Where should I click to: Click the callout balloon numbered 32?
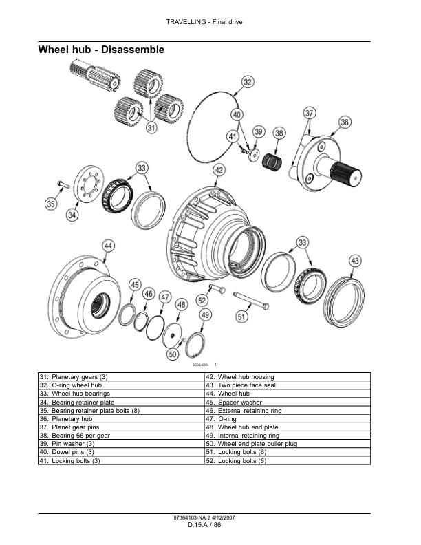[248, 83]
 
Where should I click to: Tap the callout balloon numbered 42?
[219, 170]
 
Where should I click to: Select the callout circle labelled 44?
[108, 246]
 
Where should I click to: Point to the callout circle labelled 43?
[354, 261]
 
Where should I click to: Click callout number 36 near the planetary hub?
[345, 122]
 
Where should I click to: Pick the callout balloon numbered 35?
[50, 203]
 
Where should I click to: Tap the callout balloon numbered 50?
[173, 354]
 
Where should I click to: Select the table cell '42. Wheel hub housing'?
[287, 377]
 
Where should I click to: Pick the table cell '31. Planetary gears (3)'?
[121, 377]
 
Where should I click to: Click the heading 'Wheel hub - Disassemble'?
[100, 50]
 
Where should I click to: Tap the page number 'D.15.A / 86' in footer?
[204, 525]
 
